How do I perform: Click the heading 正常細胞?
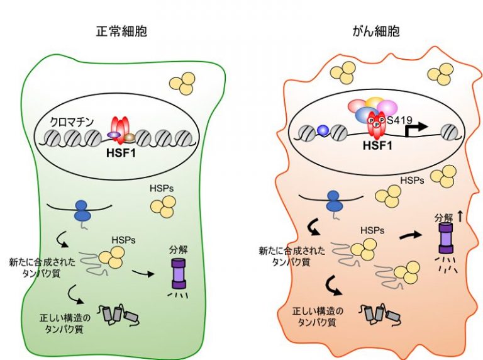click(x=122, y=31)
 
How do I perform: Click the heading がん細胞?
click(x=376, y=31)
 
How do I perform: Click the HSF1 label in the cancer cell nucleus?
click(x=377, y=145)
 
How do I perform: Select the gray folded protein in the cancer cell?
click(x=375, y=312)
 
